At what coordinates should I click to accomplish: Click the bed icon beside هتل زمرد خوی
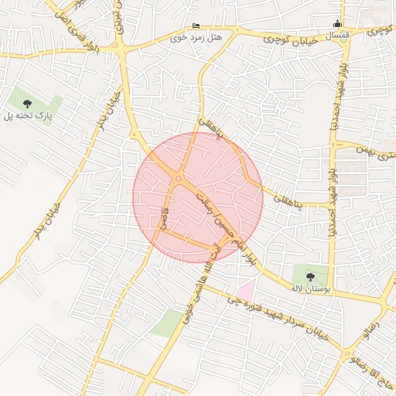click(x=195, y=26)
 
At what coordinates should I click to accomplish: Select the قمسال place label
click(x=337, y=36)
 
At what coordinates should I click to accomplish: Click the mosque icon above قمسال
click(x=337, y=24)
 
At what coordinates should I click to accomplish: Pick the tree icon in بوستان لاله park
click(x=310, y=275)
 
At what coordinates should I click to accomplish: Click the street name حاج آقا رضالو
click(x=370, y=370)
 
